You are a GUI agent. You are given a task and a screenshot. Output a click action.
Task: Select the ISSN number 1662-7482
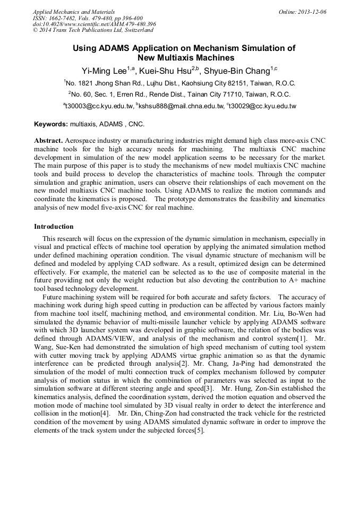[65, 18]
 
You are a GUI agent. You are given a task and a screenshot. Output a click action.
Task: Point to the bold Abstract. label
[48, 140]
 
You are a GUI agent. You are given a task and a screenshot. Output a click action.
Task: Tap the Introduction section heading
[54, 226]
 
